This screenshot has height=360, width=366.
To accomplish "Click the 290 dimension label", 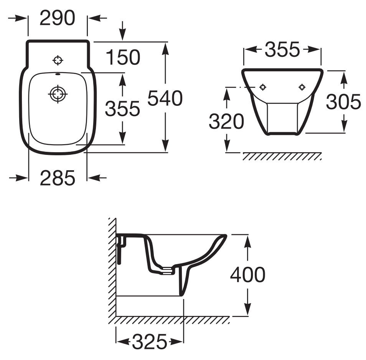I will coord(57,18).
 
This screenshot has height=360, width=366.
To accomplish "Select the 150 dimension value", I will coord(123,58).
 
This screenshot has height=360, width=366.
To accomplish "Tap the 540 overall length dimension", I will coord(165,99).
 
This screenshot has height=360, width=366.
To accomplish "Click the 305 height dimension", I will coord(343,102).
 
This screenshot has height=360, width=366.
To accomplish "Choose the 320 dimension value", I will coord(226,122).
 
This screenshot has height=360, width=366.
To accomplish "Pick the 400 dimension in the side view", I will coord(247,275).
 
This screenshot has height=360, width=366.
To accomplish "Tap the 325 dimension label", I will coord(150,341).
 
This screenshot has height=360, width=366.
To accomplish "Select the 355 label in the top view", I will coord(122,108).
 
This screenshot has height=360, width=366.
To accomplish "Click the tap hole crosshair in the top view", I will coord(58,60).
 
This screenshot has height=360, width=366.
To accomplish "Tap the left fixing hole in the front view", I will coord(263,87).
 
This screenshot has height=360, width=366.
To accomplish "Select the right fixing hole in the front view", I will coord(302,87).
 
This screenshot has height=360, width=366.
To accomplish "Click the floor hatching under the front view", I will coord(282,156).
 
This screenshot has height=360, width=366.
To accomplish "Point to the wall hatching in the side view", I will coord(112,268).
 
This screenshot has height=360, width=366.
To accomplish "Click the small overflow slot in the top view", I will coord(58,74).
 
